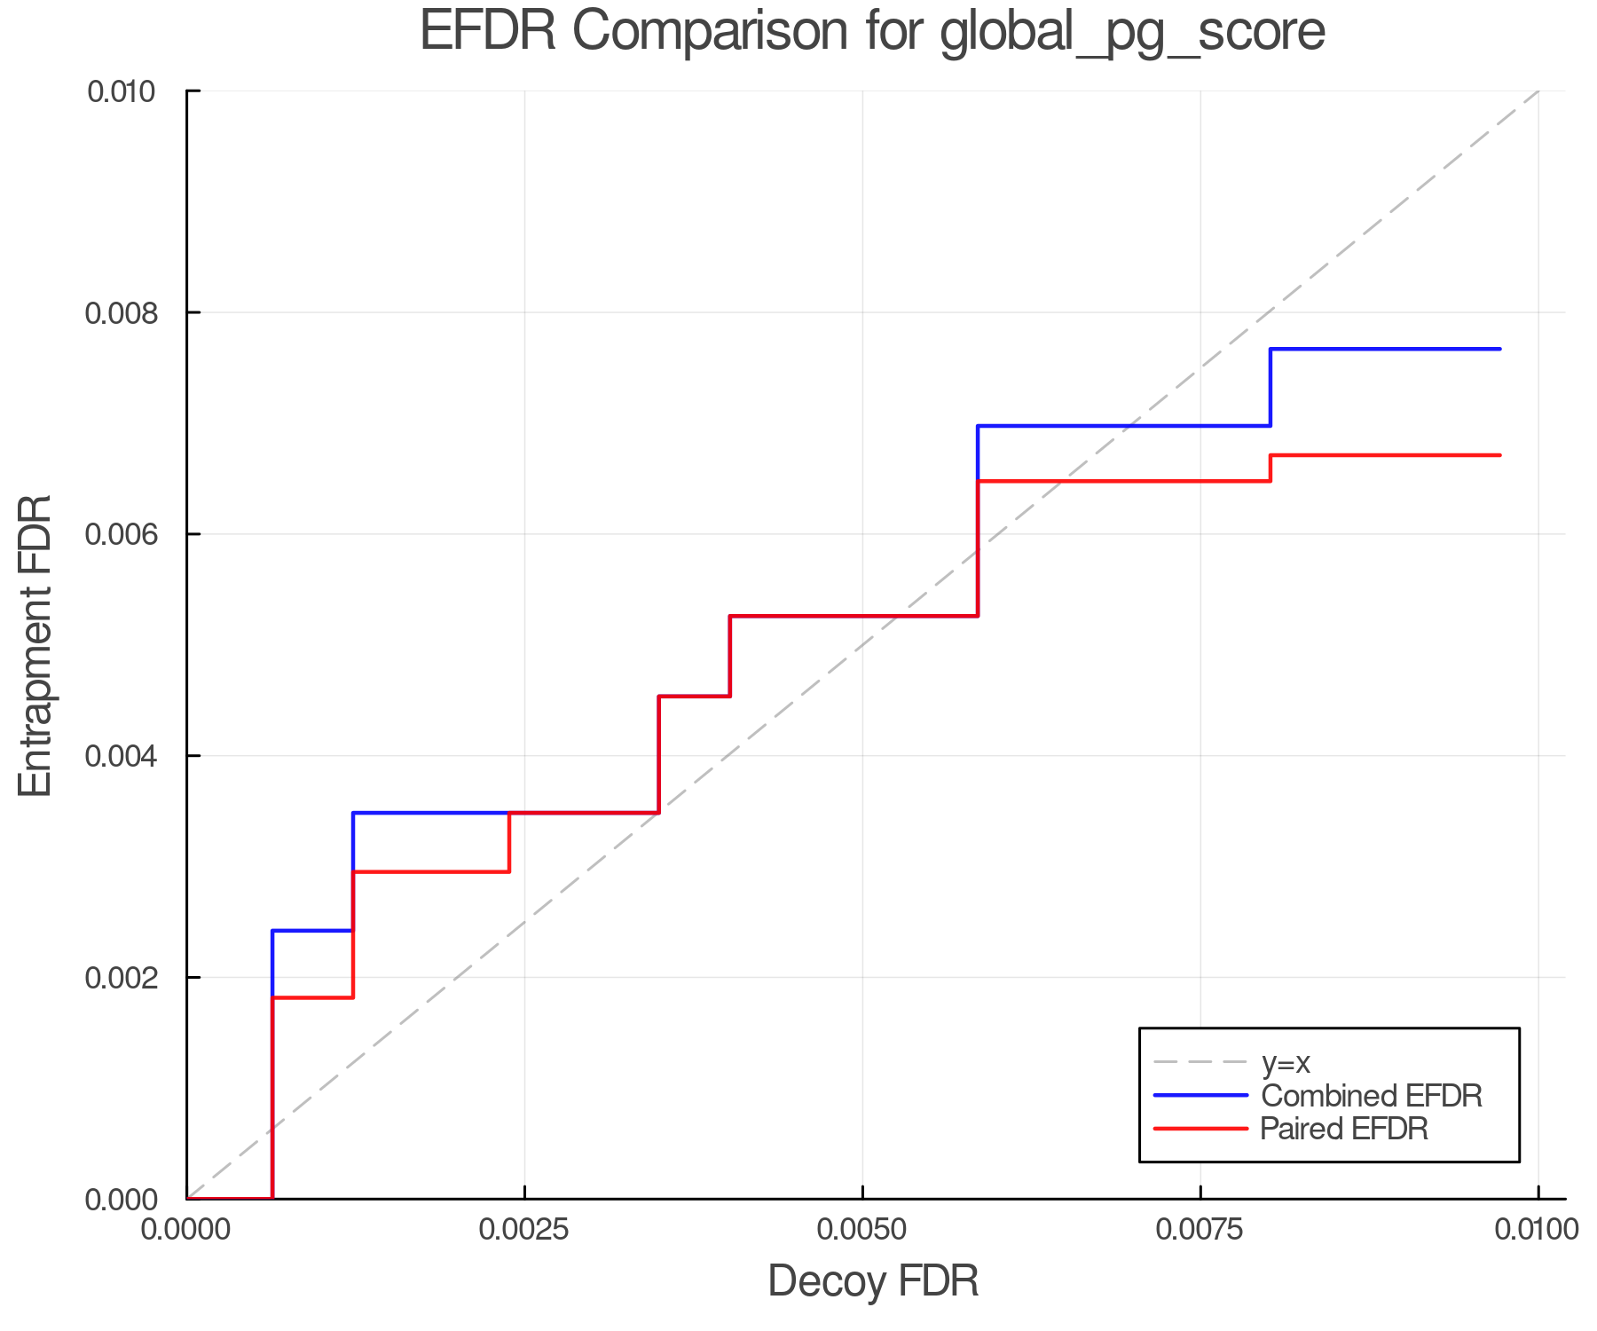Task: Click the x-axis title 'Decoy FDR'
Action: pos(873,1281)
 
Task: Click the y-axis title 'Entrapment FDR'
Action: pos(36,645)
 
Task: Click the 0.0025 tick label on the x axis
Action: pos(524,1230)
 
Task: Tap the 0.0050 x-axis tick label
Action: pos(862,1230)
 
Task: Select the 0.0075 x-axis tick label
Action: pos(1200,1230)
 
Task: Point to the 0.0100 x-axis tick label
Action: pos(1538,1230)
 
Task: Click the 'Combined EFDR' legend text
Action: pos(1372,1096)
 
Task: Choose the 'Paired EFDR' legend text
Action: pos(1344,1129)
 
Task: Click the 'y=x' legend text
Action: pos(1286,1062)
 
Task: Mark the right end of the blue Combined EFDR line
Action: pos(1499,350)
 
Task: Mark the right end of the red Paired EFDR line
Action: pos(1499,455)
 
